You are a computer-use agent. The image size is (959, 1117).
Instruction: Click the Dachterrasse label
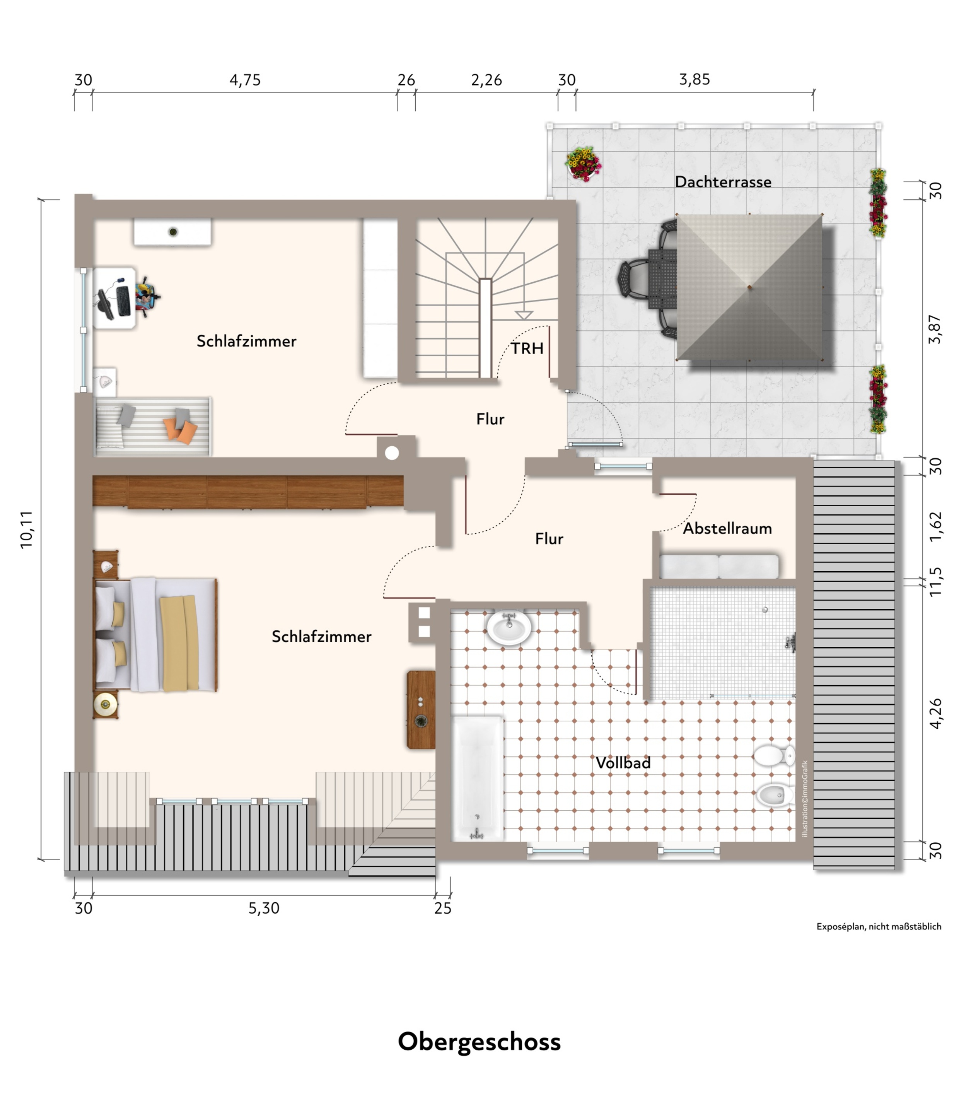(x=722, y=182)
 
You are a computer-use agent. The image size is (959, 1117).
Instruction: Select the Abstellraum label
(x=727, y=528)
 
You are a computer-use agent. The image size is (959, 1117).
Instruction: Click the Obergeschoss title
(x=479, y=1042)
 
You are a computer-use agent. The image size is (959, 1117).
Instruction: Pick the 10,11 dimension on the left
(x=26, y=529)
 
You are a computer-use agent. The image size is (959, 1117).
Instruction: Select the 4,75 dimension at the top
(x=245, y=80)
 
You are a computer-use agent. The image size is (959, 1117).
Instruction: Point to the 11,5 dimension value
(x=935, y=582)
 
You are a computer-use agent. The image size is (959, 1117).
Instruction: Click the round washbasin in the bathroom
(x=509, y=627)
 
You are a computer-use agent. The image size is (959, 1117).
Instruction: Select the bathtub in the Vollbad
(x=477, y=778)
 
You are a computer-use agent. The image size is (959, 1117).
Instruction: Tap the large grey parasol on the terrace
(x=749, y=287)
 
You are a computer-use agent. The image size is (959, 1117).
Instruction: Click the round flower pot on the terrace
(x=583, y=164)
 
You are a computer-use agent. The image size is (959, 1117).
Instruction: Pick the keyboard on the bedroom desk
(x=123, y=301)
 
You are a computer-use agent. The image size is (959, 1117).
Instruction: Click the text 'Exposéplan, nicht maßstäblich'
(x=879, y=927)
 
